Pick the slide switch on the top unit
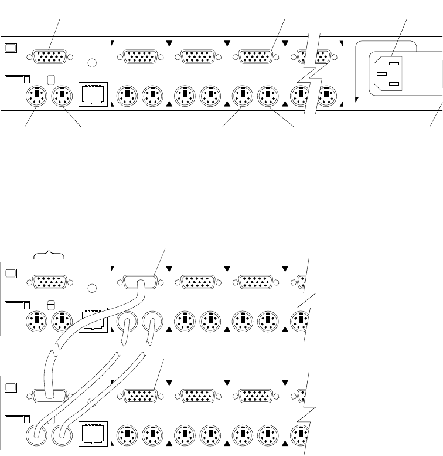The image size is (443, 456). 17,79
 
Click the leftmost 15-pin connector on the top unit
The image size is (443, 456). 51,58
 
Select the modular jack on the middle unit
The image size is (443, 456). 93,320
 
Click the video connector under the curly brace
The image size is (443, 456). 51,283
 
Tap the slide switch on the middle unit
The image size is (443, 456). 17,305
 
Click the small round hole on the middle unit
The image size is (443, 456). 92,289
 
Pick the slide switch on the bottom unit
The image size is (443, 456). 17,421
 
